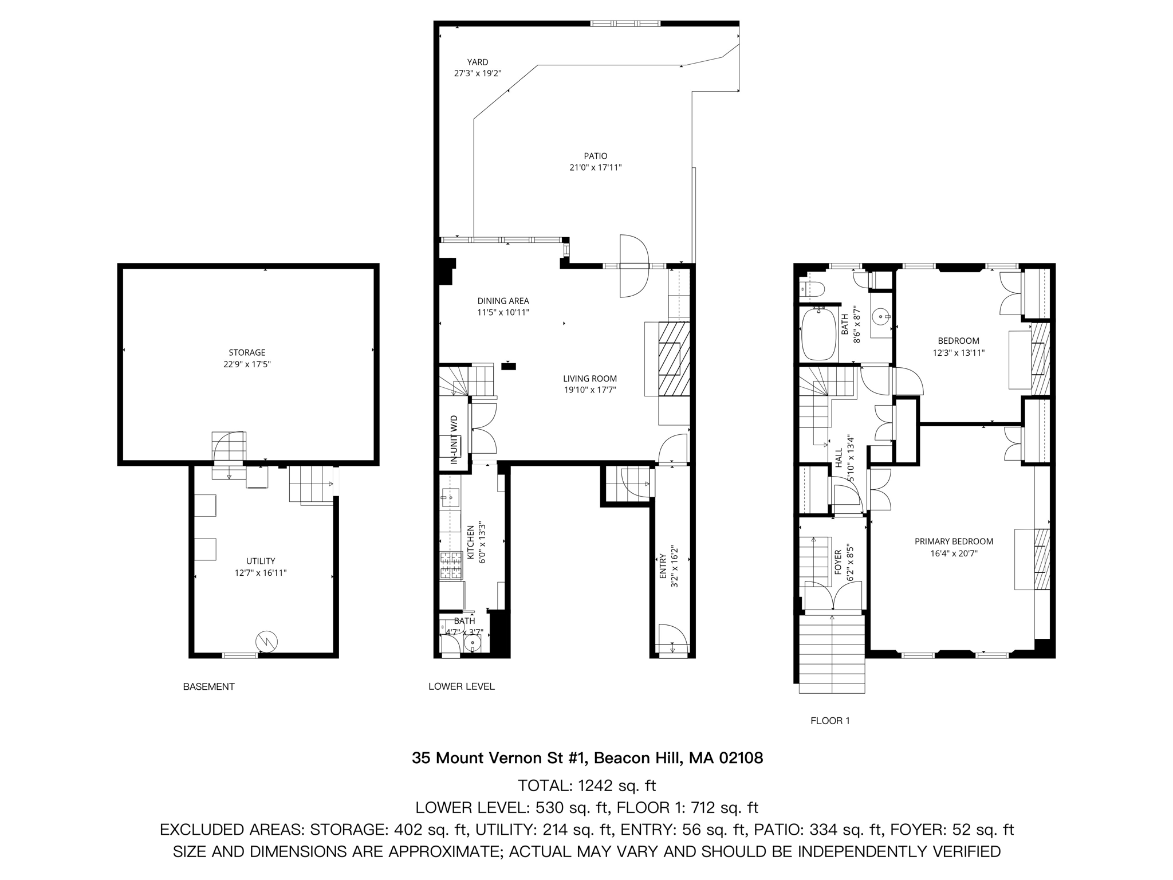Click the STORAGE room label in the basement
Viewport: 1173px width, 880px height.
pyautogui.click(x=247, y=352)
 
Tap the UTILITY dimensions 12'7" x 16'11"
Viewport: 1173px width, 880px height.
pyautogui.click(x=261, y=572)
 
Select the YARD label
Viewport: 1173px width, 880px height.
pyautogui.click(x=477, y=62)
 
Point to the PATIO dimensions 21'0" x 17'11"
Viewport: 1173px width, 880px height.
pyautogui.click(x=595, y=168)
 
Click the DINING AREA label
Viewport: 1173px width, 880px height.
pyautogui.click(x=503, y=301)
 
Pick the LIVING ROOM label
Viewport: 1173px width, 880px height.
pyautogui.click(x=589, y=378)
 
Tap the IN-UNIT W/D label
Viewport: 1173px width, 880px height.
pyautogui.click(x=454, y=439)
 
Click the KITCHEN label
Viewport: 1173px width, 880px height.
pyautogui.click(x=471, y=542)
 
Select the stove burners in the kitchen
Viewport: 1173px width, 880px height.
pyautogui.click(x=451, y=565)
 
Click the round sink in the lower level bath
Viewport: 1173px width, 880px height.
pyautogui.click(x=473, y=645)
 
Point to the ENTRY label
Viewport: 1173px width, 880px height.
pyautogui.click(x=663, y=566)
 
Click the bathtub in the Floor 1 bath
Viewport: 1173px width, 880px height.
pyautogui.click(x=818, y=334)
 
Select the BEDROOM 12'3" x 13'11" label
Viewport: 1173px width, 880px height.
pyautogui.click(x=958, y=341)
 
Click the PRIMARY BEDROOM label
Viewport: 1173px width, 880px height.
pyautogui.click(x=954, y=541)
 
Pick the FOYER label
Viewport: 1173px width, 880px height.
pyautogui.click(x=838, y=562)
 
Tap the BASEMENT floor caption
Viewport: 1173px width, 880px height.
pyautogui.click(x=208, y=686)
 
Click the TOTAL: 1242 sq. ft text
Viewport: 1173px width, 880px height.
pyautogui.click(x=586, y=785)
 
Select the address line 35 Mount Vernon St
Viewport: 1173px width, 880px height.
pyautogui.click(x=587, y=758)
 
